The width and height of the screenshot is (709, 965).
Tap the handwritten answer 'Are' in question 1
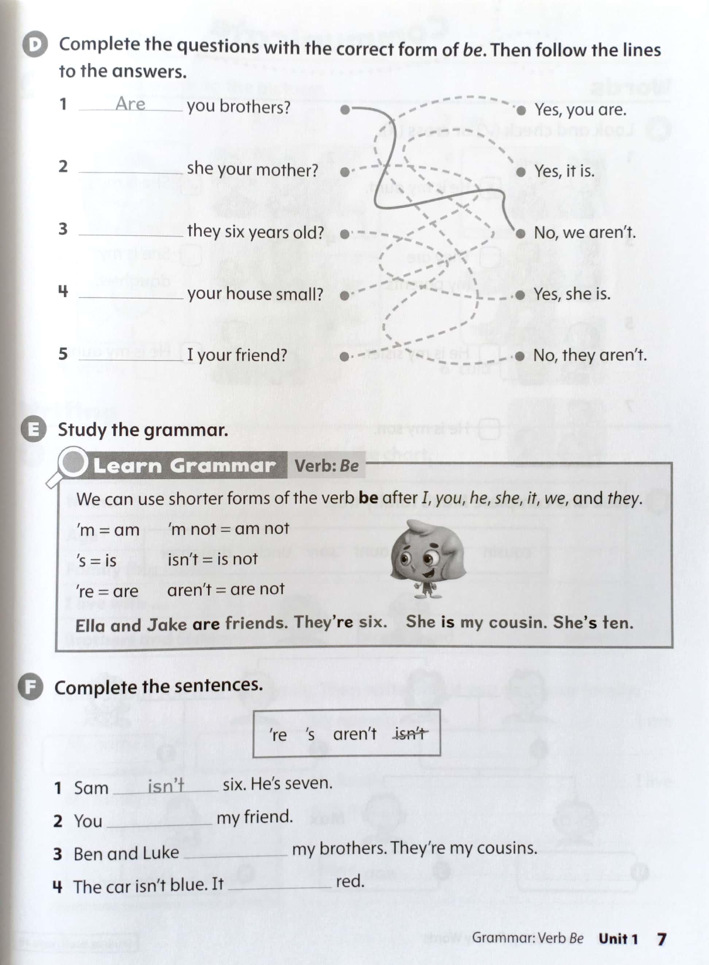click(x=130, y=104)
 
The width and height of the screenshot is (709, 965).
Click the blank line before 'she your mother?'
click(x=131, y=168)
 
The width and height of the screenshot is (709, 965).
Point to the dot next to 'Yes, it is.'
click(x=520, y=172)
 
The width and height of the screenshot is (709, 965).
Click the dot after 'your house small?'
click(x=344, y=296)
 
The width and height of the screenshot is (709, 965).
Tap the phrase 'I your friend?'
click(x=237, y=355)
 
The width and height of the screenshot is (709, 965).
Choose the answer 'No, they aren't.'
click(x=589, y=355)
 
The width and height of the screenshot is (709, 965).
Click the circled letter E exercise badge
click(x=34, y=430)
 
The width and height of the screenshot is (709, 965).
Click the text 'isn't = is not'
click(x=212, y=559)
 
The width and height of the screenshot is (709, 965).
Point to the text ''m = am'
click(x=108, y=530)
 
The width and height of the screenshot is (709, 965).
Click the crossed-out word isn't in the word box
click(x=410, y=734)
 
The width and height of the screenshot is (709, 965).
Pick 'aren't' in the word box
click(x=354, y=734)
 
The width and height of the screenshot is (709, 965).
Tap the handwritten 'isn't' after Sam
click(x=166, y=786)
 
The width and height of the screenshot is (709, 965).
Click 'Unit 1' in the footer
click(x=618, y=939)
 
